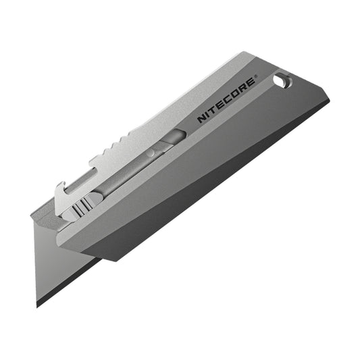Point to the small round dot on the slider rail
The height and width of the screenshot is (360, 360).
[151, 154]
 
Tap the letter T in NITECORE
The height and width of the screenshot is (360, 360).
[212, 111]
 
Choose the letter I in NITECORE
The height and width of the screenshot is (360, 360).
[207, 115]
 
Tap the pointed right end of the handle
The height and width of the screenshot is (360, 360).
[328, 103]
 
